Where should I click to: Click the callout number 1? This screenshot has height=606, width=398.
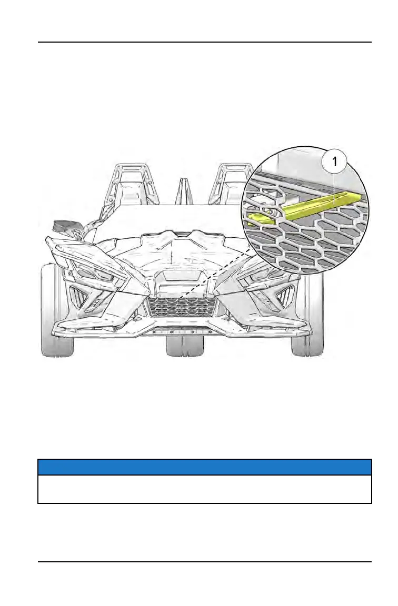[334, 161]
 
